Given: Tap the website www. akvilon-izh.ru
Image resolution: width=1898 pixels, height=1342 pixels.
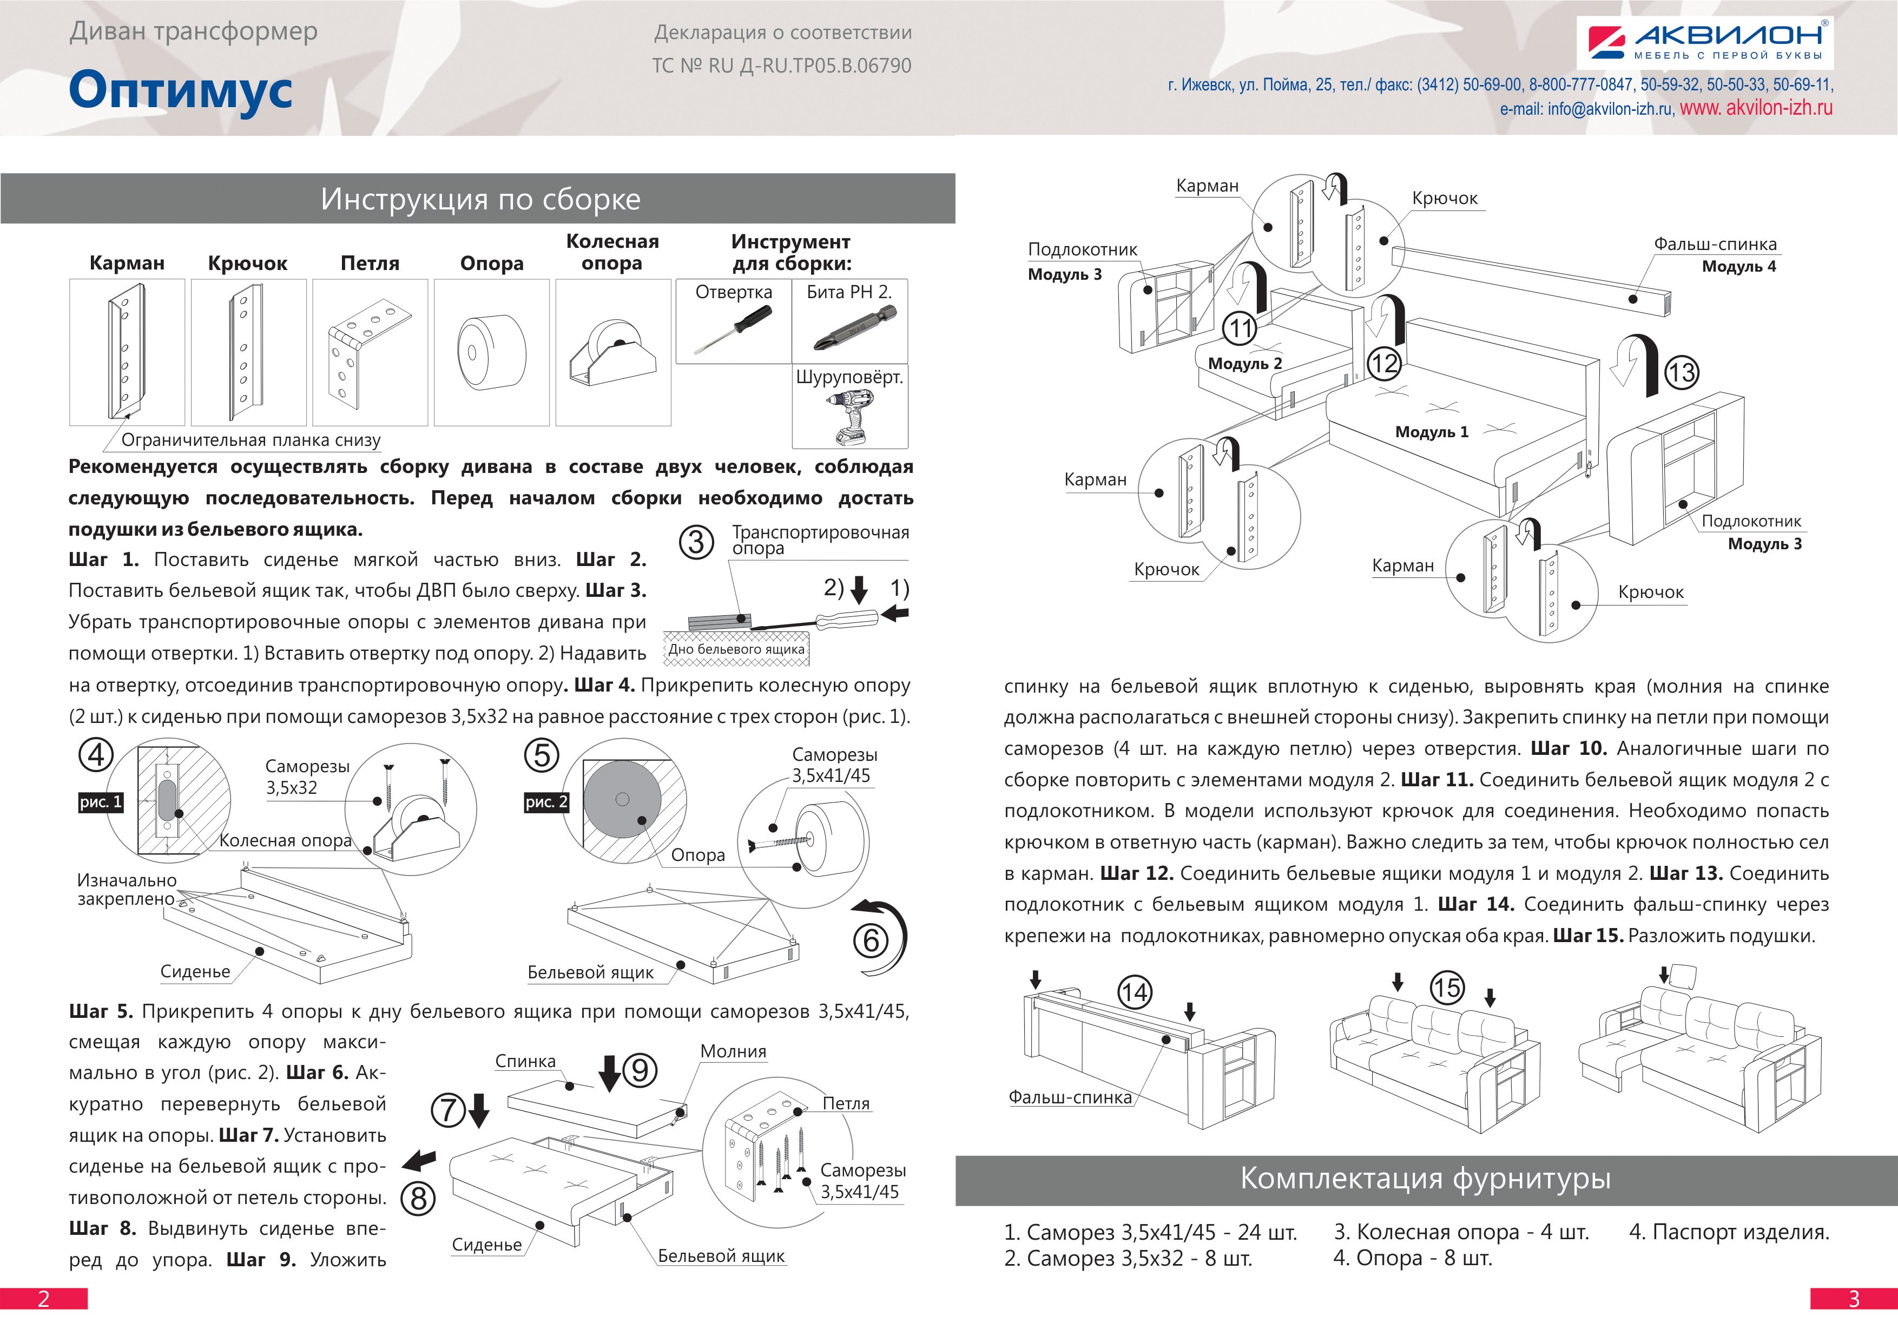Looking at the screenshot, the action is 1756,108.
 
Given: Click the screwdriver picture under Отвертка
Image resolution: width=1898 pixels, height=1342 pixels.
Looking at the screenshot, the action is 733,330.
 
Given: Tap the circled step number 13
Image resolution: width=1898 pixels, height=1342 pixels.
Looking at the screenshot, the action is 1680,373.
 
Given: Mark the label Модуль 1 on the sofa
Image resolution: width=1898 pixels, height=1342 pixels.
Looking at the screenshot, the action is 1432,432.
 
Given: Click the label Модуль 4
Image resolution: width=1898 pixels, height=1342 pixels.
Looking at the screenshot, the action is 1738,266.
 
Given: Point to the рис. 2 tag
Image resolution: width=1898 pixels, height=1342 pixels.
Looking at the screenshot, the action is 546,802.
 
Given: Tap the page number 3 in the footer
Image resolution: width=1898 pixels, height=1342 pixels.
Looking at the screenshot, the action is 1854,1299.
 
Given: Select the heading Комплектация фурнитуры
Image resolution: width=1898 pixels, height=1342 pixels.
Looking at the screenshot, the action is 1426,1178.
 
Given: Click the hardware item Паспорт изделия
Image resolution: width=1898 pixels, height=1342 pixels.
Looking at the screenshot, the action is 1729,1232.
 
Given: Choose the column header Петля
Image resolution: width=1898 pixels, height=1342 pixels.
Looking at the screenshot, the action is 370,264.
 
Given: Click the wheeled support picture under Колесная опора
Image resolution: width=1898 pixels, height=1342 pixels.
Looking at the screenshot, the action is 612,354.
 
